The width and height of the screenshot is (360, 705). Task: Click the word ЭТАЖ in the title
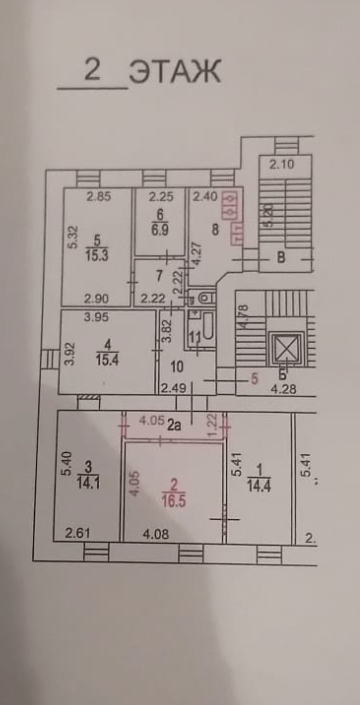(175, 71)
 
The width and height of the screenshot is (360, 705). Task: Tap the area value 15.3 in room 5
(97, 256)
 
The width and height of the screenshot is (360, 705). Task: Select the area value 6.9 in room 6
(160, 230)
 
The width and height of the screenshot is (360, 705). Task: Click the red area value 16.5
(174, 501)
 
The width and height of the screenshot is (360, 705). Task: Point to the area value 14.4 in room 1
(259, 486)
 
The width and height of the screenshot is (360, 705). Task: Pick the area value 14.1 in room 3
(88, 483)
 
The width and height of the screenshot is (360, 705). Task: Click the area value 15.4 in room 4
(107, 360)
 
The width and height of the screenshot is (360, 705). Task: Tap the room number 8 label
(215, 230)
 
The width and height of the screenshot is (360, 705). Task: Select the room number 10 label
(177, 367)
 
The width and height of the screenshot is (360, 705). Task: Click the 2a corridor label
(174, 425)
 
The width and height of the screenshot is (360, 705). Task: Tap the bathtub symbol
(208, 325)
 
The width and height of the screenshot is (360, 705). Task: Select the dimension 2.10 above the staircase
(282, 164)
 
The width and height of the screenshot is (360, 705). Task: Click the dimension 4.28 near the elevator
(283, 389)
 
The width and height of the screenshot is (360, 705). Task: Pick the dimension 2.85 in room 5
(99, 197)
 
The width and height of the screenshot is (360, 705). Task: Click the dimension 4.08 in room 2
(156, 534)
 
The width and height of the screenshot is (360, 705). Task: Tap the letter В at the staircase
(281, 258)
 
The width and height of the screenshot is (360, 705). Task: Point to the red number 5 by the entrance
(254, 379)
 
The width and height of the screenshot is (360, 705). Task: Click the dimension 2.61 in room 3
(77, 533)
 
